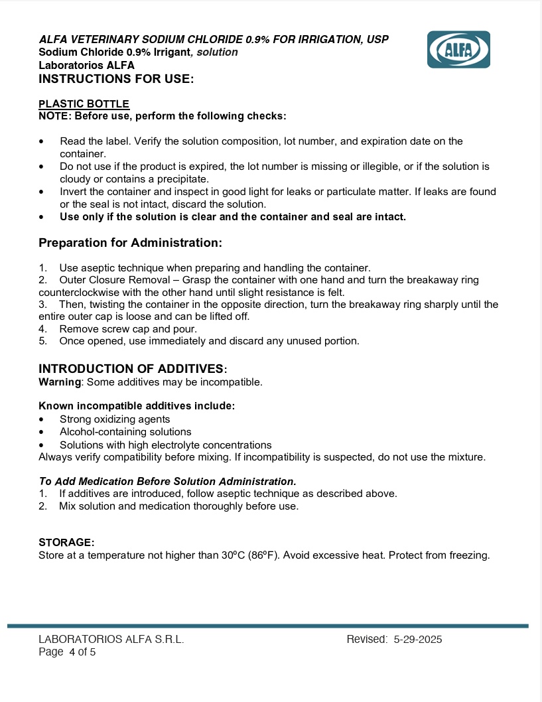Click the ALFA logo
point(458,49)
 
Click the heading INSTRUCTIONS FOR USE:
point(116,79)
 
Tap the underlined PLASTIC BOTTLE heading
point(84,104)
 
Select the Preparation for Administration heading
point(130,243)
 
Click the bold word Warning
point(60,382)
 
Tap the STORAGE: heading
point(66,543)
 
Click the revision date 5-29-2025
point(417,640)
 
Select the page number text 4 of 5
point(82,652)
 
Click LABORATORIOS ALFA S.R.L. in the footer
point(111,640)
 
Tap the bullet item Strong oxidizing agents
point(115,419)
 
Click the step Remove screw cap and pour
point(128,328)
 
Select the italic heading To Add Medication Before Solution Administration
point(167,481)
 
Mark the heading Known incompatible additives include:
point(137,406)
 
